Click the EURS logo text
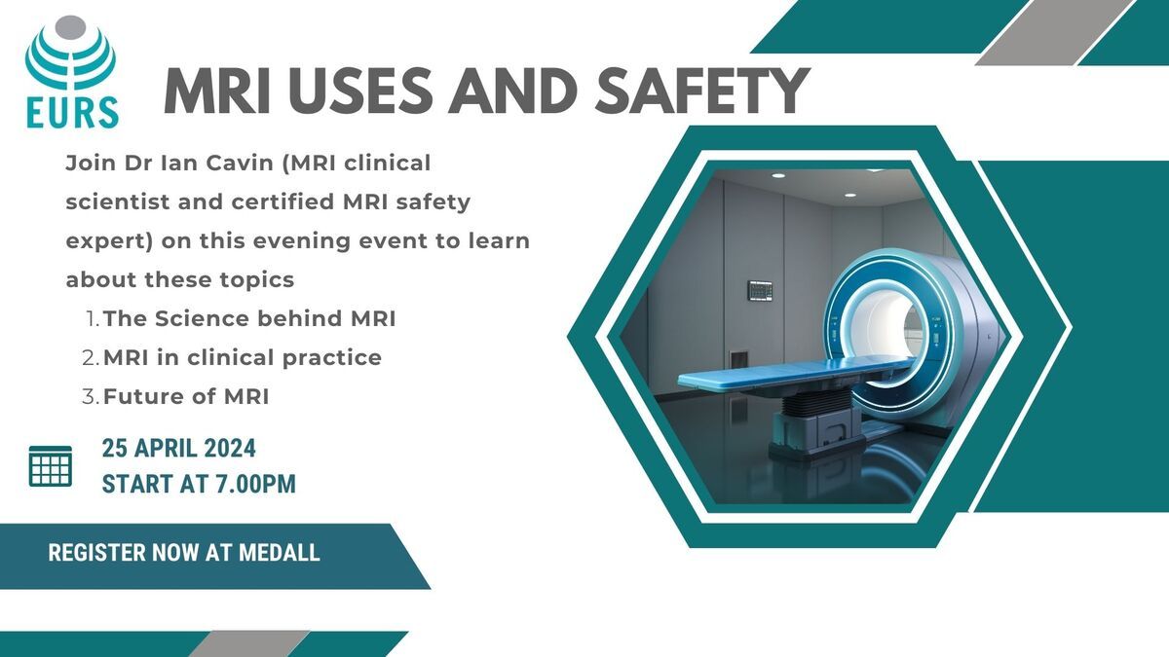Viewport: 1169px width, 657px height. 72,113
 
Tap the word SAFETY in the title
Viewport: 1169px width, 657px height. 702,91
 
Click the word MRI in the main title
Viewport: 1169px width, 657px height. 217,91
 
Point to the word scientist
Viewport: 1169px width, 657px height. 118,201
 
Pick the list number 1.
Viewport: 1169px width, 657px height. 92,318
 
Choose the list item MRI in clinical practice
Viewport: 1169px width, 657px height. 243,358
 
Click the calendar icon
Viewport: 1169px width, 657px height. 51,466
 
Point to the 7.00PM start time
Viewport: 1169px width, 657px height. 255,484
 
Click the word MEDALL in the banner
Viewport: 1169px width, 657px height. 280,553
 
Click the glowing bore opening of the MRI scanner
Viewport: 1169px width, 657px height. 886,330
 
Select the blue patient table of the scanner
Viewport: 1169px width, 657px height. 794,375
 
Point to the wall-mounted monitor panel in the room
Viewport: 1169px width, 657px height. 760,290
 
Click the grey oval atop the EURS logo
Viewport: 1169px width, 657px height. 70,26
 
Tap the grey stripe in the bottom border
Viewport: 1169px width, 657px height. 248,644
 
